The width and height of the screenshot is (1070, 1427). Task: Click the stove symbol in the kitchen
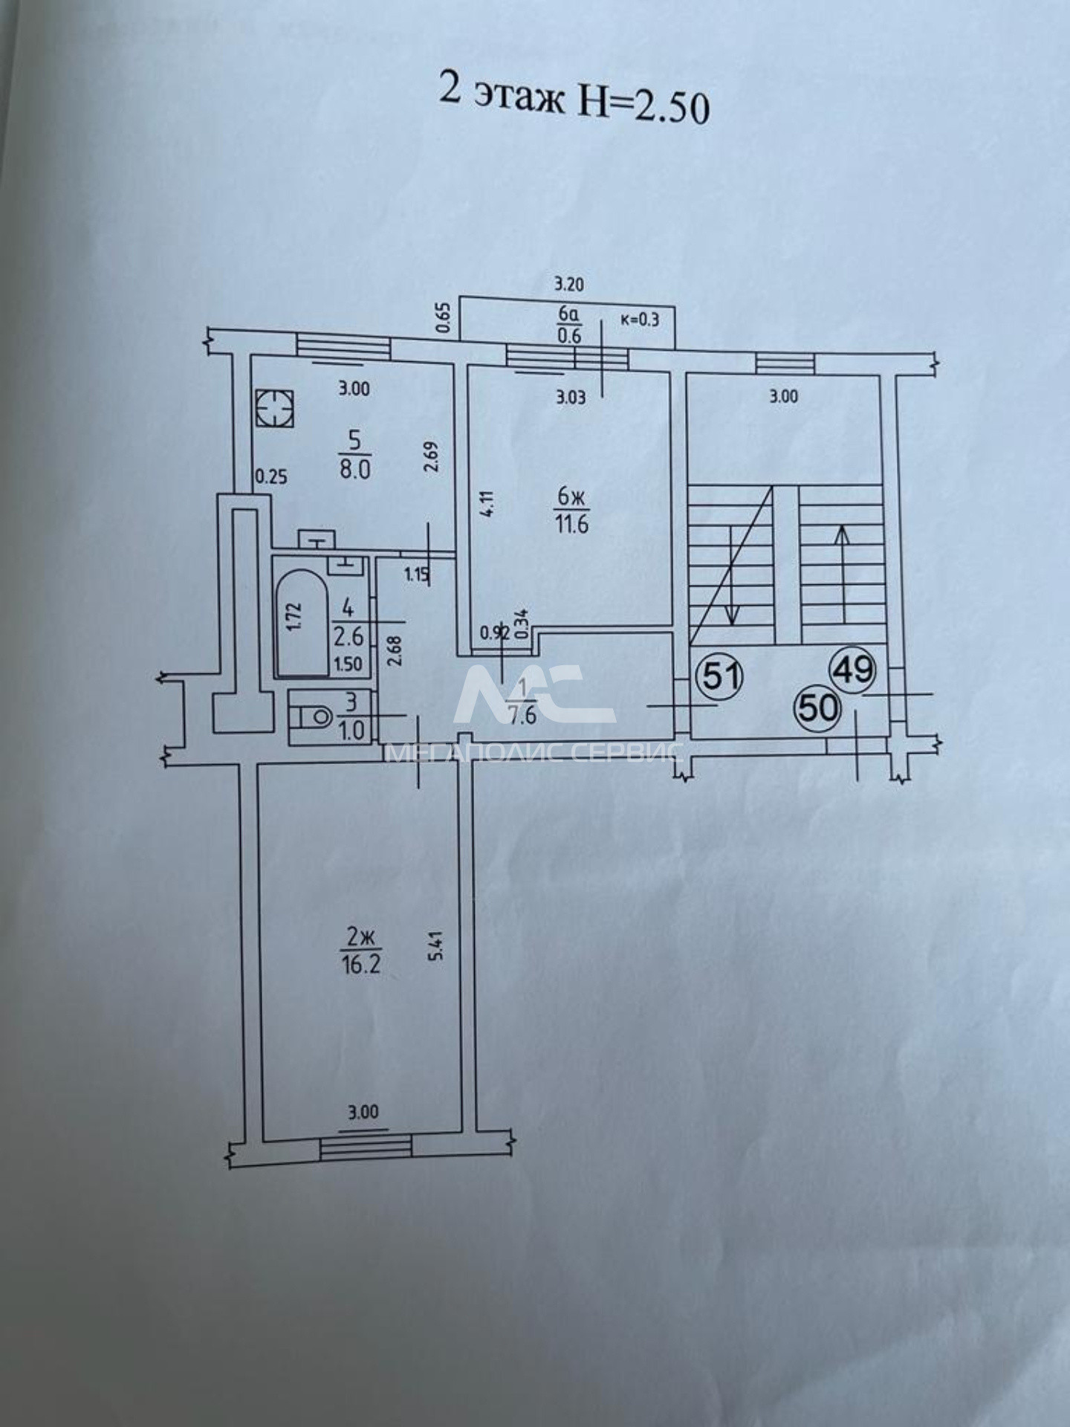point(273,409)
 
